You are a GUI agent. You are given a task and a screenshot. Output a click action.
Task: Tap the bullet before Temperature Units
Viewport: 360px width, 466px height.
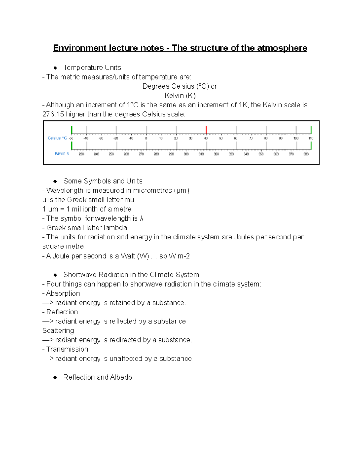click(x=55, y=68)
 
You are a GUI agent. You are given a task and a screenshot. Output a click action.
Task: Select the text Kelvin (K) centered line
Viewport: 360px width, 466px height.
click(x=180, y=96)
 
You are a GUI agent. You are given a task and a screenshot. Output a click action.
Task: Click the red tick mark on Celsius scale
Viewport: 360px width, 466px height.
click(x=206, y=130)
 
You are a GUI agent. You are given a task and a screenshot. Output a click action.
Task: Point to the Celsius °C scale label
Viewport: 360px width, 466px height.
click(x=57, y=138)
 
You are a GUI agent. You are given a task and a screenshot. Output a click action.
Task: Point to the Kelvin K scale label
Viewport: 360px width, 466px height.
click(x=62, y=153)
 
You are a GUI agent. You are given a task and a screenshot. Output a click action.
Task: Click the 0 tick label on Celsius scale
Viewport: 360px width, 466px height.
click(x=146, y=138)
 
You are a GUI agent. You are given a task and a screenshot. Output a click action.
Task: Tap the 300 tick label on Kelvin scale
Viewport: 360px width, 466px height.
click(x=186, y=154)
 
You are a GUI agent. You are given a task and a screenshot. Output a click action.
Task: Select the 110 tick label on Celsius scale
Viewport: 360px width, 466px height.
click(x=311, y=138)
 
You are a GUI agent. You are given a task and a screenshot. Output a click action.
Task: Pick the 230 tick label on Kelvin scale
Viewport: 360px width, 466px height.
click(x=81, y=154)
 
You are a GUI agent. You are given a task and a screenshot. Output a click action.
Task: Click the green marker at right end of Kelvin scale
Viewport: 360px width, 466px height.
click(x=311, y=146)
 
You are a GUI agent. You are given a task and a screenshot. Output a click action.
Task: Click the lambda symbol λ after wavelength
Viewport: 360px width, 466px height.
click(x=142, y=218)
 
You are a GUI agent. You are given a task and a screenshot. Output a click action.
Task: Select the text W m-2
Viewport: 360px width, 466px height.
click(x=179, y=256)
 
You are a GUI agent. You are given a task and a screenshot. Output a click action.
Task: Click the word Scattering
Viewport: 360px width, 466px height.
click(x=58, y=331)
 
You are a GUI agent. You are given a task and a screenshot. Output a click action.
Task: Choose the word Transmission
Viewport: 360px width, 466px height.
click(x=67, y=349)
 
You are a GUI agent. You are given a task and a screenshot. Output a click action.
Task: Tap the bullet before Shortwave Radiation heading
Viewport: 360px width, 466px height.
click(x=55, y=275)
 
